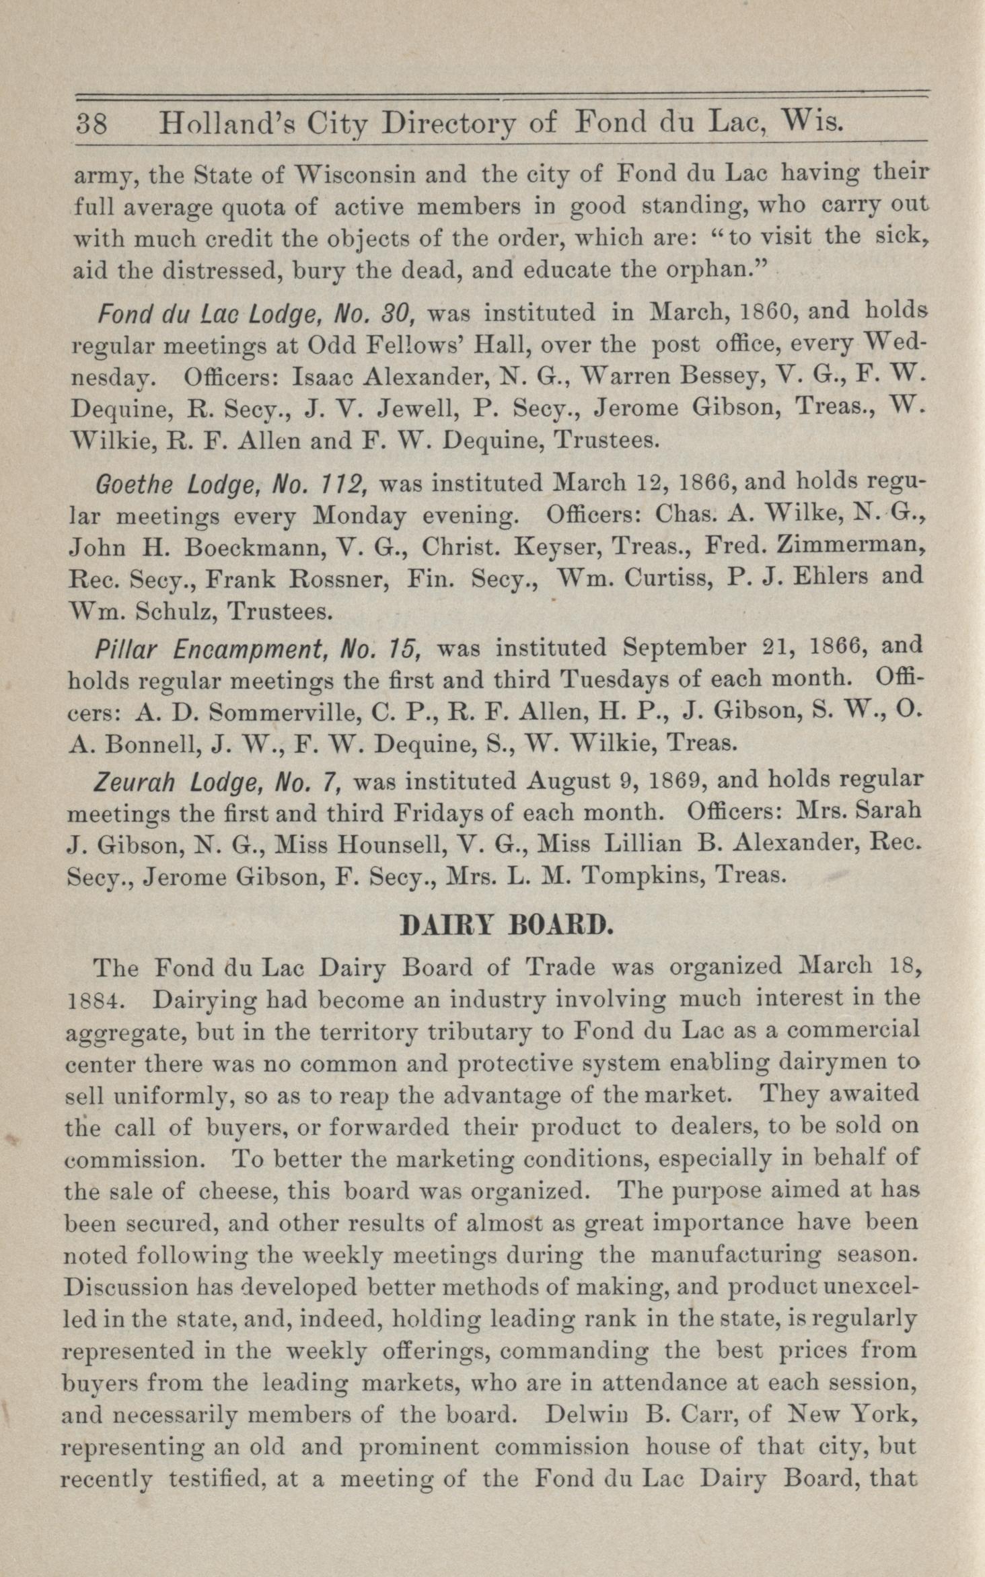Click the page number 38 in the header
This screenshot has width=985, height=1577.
click(x=96, y=124)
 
